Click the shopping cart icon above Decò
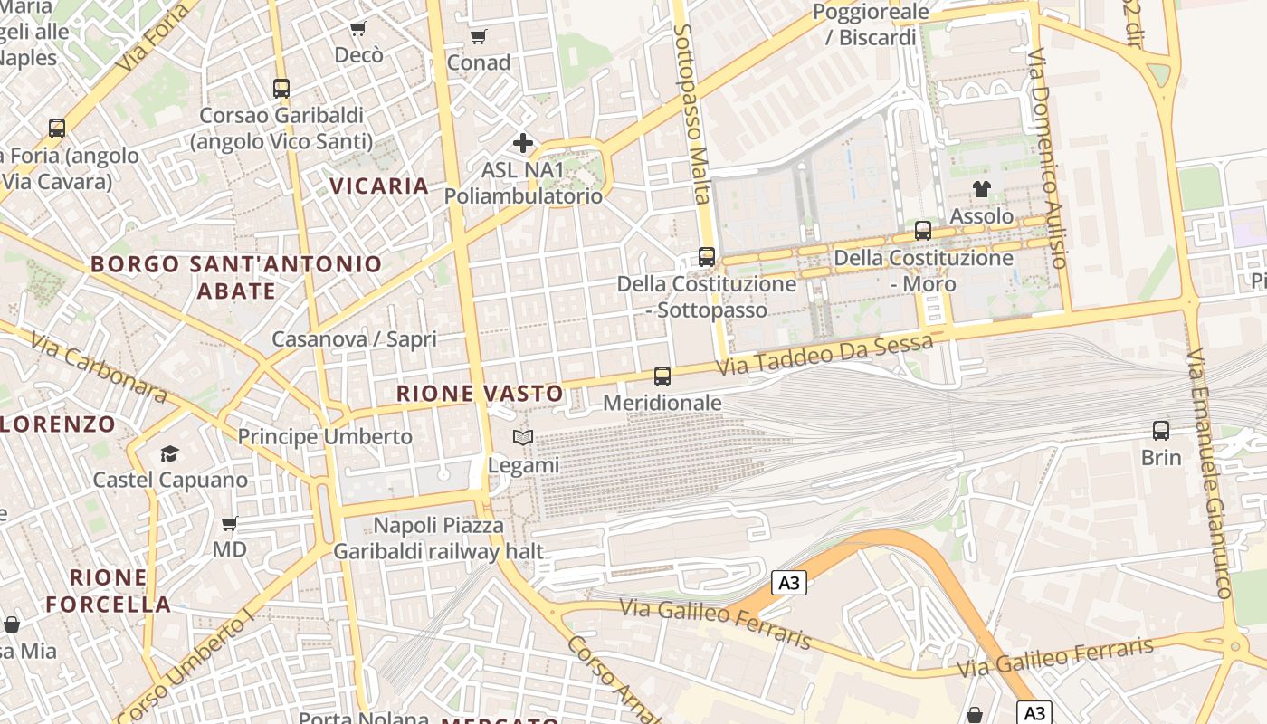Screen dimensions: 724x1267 [x=357, y=29]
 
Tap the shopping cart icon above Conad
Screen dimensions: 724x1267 [x=478, y=36]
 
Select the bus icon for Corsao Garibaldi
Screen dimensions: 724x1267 [x=281, y=89]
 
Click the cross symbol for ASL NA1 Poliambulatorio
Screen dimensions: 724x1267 [x=523, y=143]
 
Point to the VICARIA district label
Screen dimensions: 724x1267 [x=378, y=186]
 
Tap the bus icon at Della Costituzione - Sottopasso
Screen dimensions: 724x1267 [x=707, y=257]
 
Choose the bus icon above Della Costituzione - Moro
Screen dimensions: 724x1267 [x=923, y=231]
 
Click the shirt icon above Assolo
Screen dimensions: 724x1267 [x=982, y=189]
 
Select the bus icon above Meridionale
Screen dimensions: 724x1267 [x=662, y=376]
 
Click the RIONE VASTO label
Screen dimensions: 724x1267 [x=480, y=394]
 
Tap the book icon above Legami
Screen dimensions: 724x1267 [x=523, y=439]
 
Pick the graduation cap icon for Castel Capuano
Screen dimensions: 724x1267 [x=169, y=452]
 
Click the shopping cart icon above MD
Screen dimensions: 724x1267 [x=230, y=523]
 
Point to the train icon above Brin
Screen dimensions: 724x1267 [x=1161, y=431]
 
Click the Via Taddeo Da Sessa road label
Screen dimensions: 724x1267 [x=824, y=356]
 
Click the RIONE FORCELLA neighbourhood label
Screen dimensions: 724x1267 [x=109, y=591]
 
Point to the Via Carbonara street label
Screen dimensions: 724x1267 [x=99, y=367]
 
